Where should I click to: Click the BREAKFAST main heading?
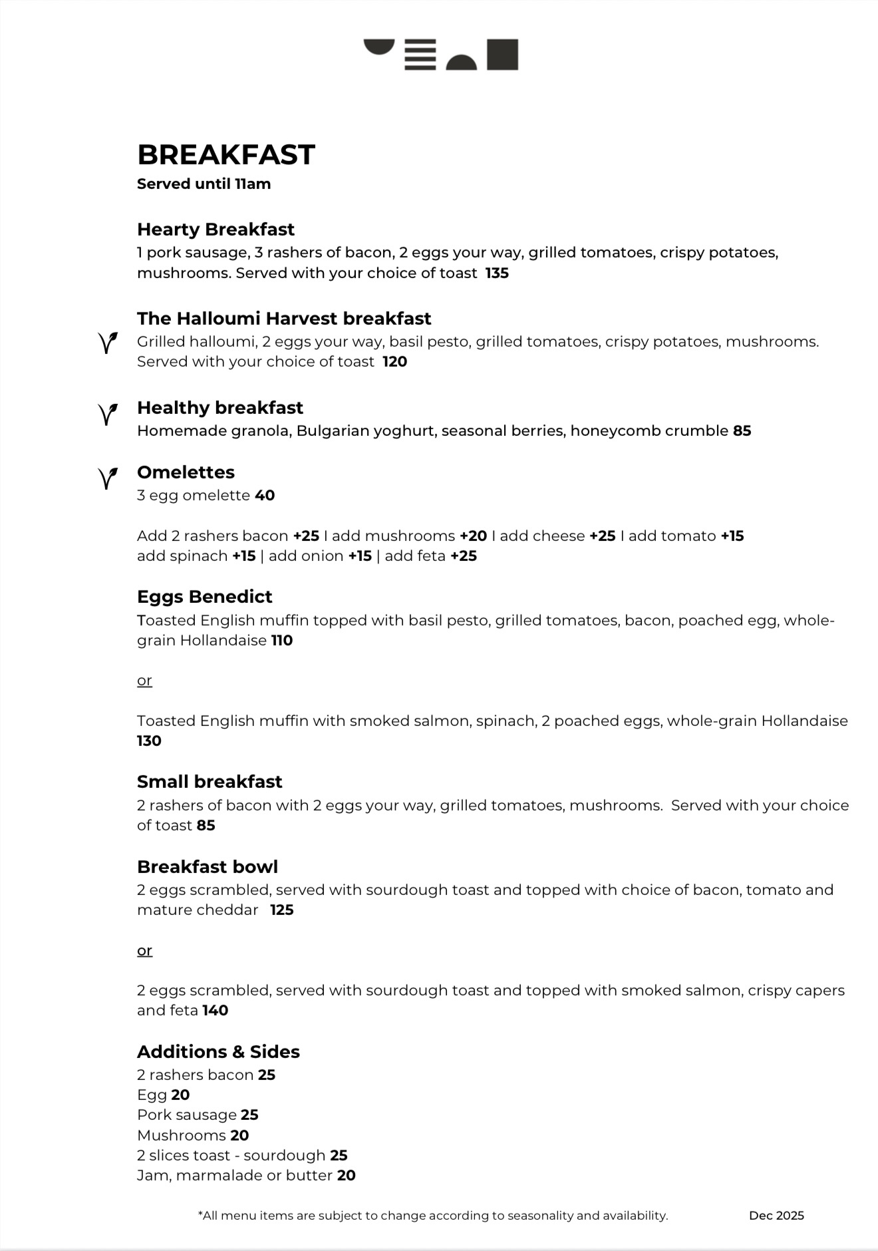pos(225,155)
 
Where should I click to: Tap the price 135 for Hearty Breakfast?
pos(497,273)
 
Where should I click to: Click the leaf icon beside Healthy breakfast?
pos(108,414)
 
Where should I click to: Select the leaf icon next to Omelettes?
pos(108,478)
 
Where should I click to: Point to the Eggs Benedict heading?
pos(204,596)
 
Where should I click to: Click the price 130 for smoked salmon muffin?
pos(149,741)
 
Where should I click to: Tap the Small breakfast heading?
pos(210,781)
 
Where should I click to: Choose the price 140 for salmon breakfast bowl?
pos(215,1010)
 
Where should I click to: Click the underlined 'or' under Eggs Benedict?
pos(144,681)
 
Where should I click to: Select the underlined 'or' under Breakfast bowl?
pos(144,950)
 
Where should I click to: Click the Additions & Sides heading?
pos(218,1051)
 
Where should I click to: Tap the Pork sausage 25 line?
pos(198,1115)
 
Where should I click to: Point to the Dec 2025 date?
pos(776,1215)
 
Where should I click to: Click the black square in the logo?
pos(502,55)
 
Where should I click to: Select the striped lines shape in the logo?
pos(420,55)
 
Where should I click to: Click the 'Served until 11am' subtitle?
pos(204,184)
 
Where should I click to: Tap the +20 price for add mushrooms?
pos(473,536)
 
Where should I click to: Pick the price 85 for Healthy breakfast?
pos(742,431)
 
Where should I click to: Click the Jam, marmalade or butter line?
pos(246,1175)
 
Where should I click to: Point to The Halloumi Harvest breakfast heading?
pos(284,318)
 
